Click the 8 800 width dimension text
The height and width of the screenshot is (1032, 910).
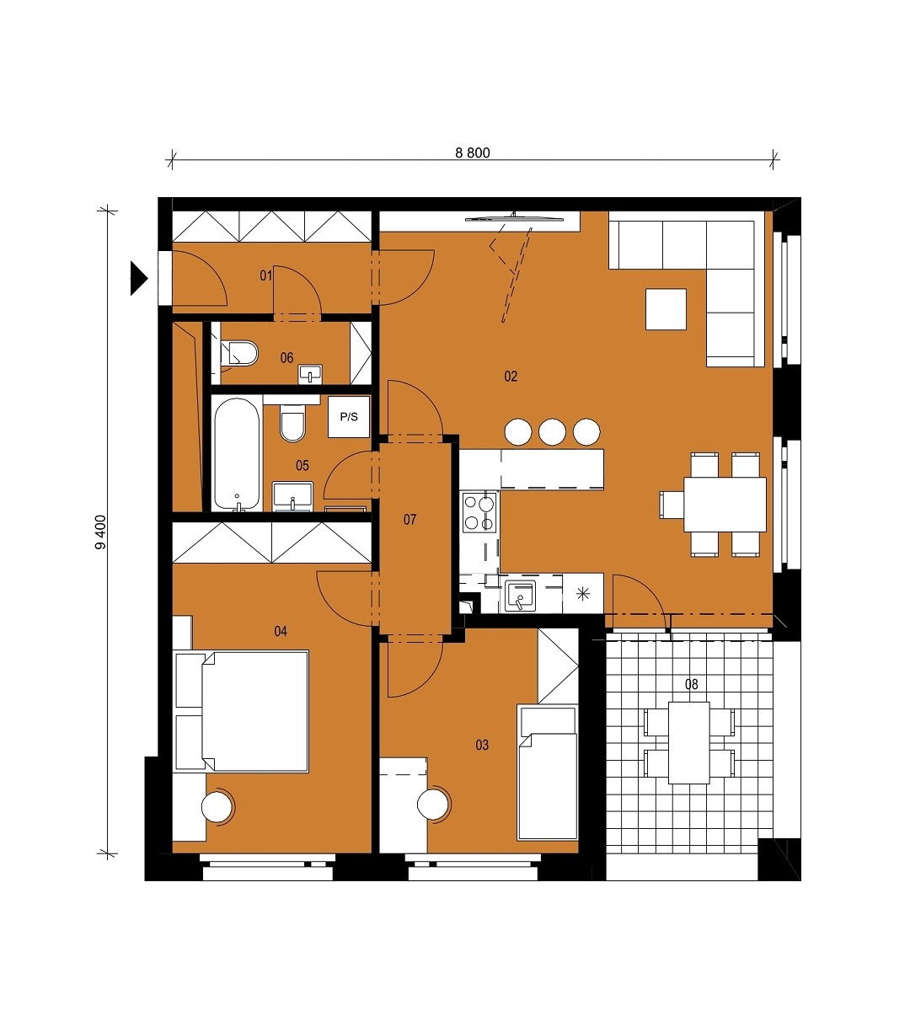(473, 152)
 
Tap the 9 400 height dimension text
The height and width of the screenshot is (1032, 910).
(101, 532)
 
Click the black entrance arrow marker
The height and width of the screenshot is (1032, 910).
(138, 278)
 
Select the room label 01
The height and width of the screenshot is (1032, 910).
(266, 275)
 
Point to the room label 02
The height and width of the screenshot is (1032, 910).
(511, 377)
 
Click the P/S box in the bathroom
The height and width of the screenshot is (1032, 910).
(349, 417)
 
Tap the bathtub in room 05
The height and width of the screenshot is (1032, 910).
(237, 453)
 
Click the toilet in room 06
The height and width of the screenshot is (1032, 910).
(239, 353)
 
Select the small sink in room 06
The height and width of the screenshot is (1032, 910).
(310, 374)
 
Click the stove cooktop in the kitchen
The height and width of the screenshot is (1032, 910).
(479, 512)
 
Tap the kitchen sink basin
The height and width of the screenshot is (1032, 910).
(520, 596)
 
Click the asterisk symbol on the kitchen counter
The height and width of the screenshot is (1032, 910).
(583, 593)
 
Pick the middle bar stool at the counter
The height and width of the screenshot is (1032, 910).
(552, 432)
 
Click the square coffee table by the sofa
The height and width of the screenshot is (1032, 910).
(666, 309)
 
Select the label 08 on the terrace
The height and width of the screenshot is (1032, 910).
(692, 684)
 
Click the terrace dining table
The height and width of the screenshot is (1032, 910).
(689, 743)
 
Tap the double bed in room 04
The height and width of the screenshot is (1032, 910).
(242, 711)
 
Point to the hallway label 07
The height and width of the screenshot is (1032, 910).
(409, 520)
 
